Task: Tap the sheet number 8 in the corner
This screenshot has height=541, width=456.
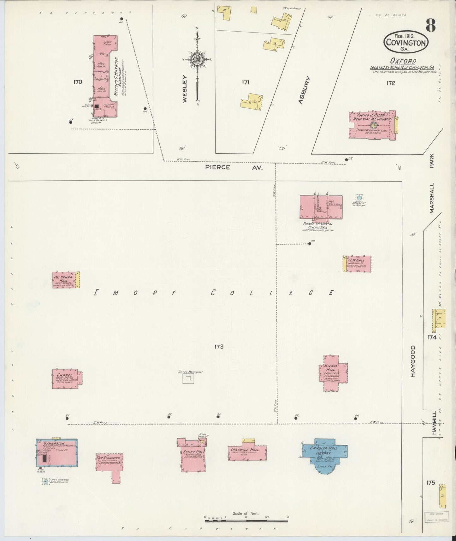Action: [x=430, y=25]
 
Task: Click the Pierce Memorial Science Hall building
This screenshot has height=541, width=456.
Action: [x=321, y=207]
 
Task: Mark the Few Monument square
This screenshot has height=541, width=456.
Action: [x=188, y=378]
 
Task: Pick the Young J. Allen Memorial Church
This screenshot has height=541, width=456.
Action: [x=372, y=124]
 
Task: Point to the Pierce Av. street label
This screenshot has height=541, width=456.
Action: [x=234, y=168]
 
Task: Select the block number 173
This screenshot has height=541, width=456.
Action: [x=219, y=347]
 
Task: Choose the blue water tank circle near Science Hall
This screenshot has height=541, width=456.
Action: [x=359, y=198]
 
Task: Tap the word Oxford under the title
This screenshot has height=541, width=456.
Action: [x=403, y=61]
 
